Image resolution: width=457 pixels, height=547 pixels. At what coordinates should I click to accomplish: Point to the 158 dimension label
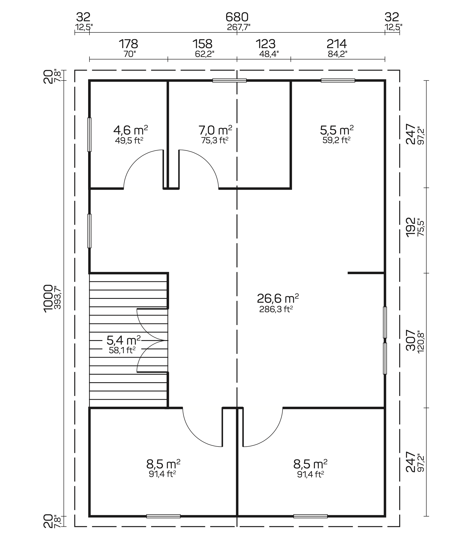point(202,44)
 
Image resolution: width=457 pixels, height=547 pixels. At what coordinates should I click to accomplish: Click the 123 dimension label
point(265,44)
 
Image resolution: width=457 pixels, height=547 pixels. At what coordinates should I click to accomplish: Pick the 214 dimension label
point(337,44)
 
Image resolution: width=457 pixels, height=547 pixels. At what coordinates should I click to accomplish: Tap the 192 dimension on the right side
point(411,227)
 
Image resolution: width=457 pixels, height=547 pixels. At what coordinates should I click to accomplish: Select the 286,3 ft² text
point(276,309)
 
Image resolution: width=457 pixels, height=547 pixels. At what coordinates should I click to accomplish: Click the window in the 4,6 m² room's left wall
point(89,134)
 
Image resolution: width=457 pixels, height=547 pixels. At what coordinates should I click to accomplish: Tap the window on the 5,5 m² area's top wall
point(338,81)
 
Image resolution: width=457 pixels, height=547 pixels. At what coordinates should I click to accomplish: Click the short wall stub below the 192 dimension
point(366,273)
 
